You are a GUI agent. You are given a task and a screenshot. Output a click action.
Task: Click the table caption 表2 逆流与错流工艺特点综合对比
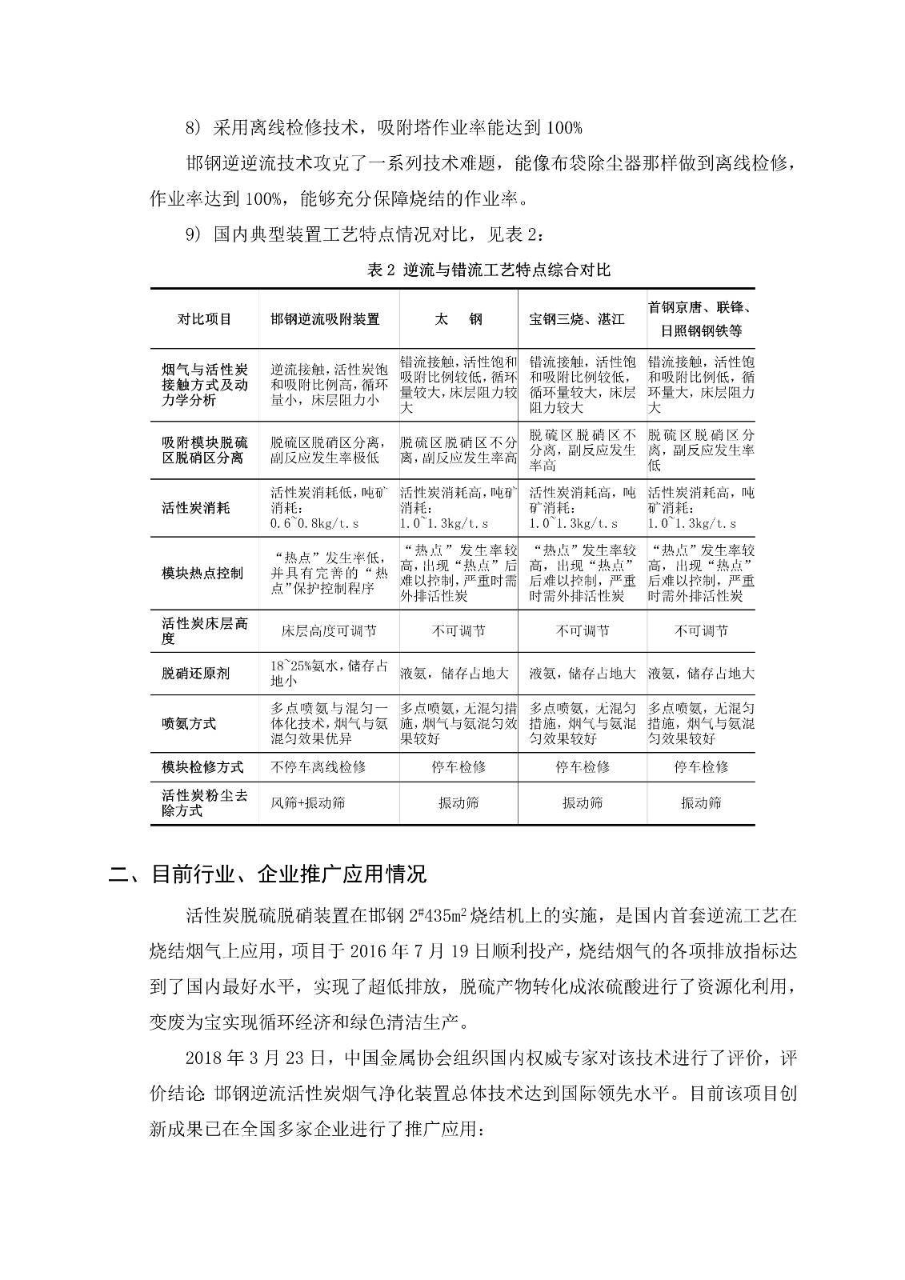pos(488,270)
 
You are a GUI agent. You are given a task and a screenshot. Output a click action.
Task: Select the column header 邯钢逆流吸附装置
pos(325,319)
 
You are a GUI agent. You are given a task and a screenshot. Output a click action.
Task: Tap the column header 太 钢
pos(459,319)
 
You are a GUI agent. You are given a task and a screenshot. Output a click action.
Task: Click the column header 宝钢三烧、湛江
pos(577,319)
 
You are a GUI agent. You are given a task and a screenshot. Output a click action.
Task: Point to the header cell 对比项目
pos(204,319)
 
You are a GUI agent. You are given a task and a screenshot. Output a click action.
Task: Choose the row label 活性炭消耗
pos(195,508)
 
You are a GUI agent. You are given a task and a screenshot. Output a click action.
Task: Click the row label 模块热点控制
pos(202,574)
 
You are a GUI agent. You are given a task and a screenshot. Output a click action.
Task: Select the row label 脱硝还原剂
pos(195,674)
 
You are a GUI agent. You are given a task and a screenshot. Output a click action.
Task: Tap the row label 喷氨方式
pos(189,723)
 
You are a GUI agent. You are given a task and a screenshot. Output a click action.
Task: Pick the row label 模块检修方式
pos(202,766)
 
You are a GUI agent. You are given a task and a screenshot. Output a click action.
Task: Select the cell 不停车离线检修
pos(318,766)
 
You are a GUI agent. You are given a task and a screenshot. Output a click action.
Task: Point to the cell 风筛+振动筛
pos(308,802)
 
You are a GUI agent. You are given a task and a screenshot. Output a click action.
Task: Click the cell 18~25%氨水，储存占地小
pos(328,674)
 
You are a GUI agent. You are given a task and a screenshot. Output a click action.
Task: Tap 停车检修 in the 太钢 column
pos(459,766)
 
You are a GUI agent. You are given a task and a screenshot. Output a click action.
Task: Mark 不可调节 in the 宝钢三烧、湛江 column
pos(583,631)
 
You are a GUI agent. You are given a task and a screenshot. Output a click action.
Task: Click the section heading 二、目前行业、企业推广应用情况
pos(268,874)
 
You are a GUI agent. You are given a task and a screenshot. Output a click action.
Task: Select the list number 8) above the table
pos(195,127)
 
